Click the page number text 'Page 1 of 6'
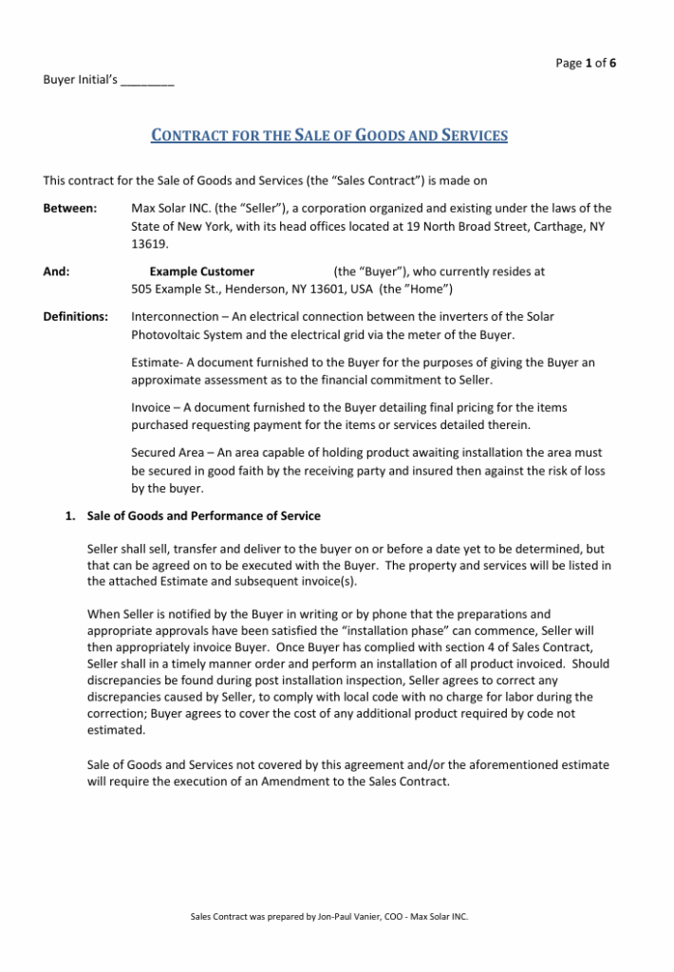click(x=586, y=64)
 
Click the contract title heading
click(x=329, y=136)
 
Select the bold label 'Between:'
click(x=69, y=208)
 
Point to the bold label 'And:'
click(x=56, y=271)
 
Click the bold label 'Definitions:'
click(x=75, y=316)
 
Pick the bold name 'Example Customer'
click(x=201, y=271)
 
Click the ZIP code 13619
click(x=149, y=244)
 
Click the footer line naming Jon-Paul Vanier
click(x=329, y=917)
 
